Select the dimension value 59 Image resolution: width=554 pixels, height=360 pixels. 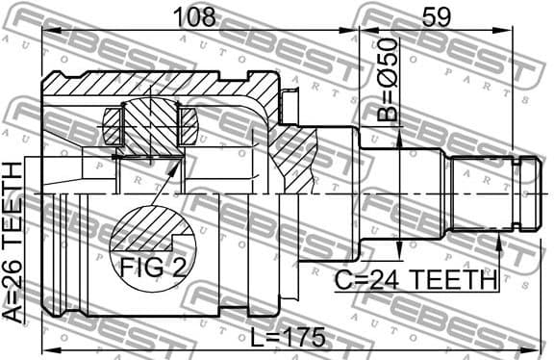[439, 16]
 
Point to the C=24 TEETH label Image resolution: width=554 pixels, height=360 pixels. [416, 280]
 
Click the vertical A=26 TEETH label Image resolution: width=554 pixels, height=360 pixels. [14, 242]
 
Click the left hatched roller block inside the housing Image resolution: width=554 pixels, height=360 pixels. [113, 124]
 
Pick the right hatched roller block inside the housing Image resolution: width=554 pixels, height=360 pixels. [188, 124]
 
